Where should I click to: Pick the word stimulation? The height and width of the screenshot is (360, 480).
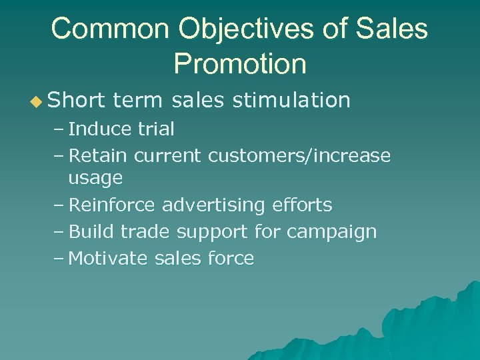(291, 100)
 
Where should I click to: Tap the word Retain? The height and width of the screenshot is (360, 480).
(99, 155)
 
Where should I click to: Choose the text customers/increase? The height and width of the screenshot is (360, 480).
(299, 155)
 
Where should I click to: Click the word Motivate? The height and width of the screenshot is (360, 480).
(108, 259)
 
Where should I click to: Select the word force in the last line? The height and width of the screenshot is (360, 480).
(233, 259)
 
